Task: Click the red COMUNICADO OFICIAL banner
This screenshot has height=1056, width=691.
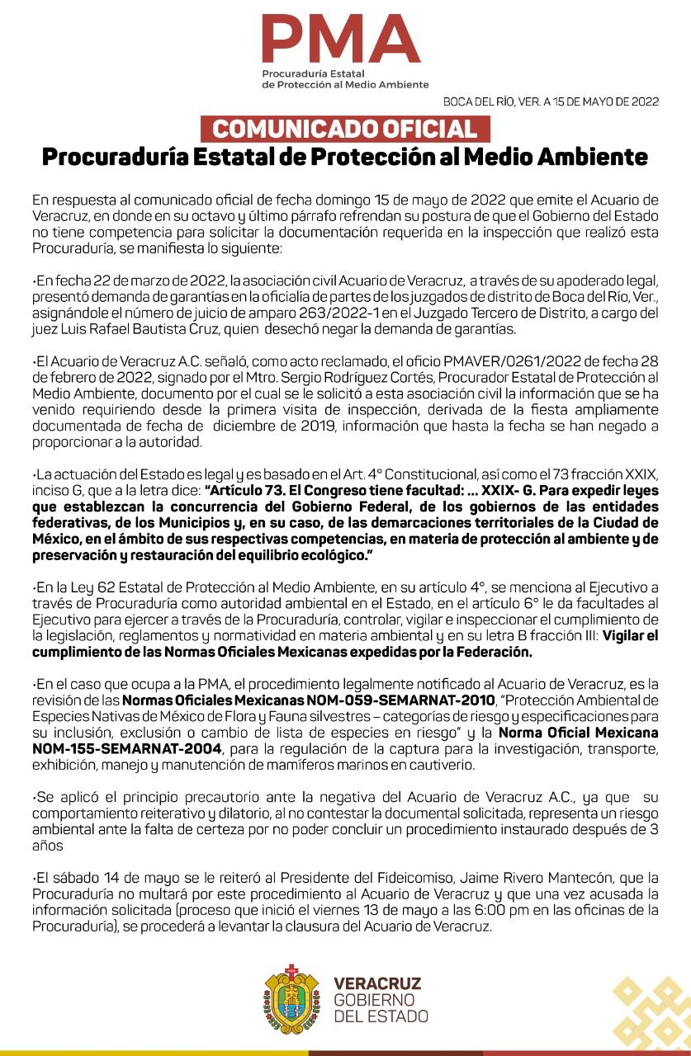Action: tap(345, 130)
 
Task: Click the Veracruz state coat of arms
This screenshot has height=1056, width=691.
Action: tap(292, 999)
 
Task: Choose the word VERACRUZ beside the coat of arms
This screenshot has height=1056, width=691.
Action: tap(377, 983)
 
